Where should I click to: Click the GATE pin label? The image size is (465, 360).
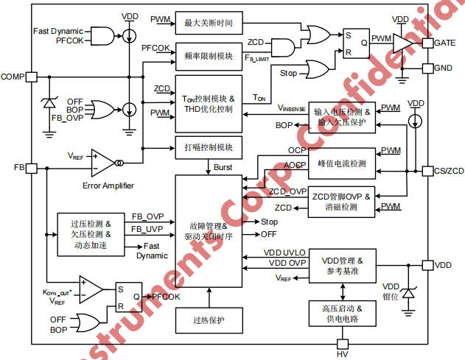[x=447, y=43]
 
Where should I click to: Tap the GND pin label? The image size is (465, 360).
[x=445, y=68]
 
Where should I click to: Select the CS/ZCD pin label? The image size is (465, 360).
[x=448, y=171]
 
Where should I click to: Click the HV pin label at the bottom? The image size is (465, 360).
[x=342, y=353]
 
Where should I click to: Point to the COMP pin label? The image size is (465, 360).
[x=13, y=77]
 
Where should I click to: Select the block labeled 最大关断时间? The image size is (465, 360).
[x=209, y=23]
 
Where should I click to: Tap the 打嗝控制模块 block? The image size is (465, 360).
[x=209, y=147]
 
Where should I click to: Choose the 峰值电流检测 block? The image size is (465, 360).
[x=341, y=163]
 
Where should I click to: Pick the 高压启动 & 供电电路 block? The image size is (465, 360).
[x=341, y=314]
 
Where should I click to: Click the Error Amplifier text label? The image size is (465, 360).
[x=108, y=186]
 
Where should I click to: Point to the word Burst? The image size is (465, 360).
[x=223, y=167]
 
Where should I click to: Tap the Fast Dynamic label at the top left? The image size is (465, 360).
[x=60, y=31]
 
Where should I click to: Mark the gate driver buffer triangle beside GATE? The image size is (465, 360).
[x=402, y=42]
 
